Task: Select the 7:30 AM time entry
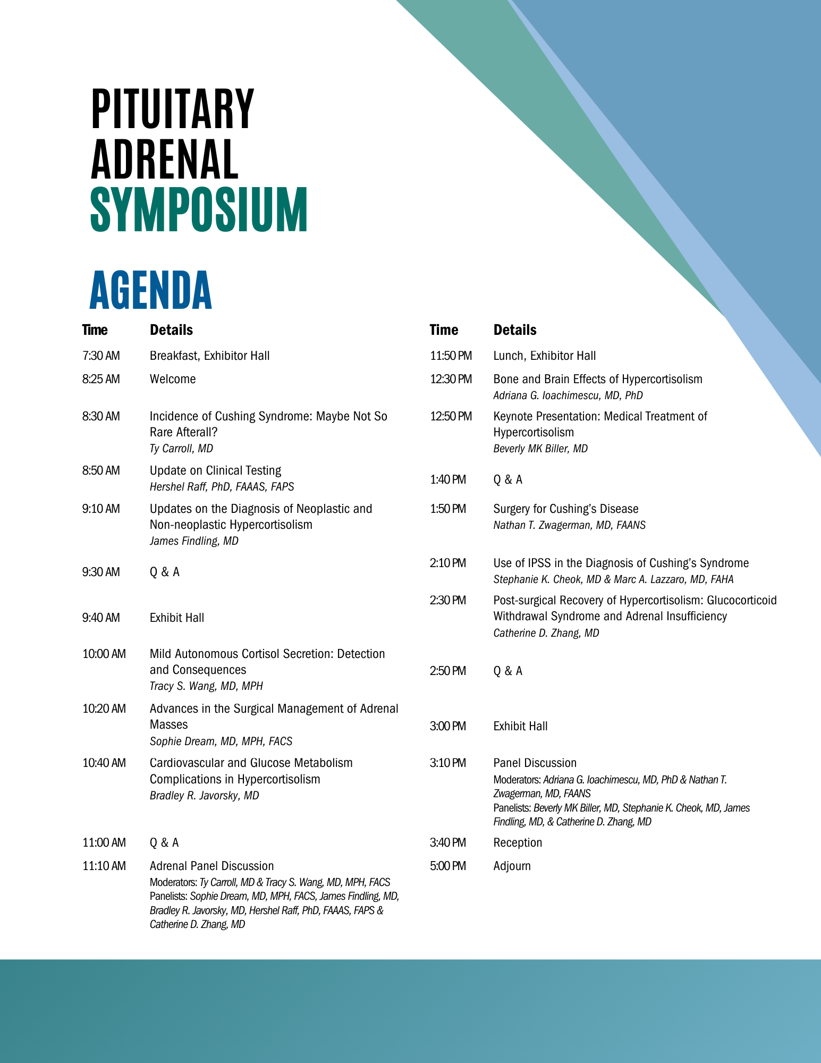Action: click(x=101, y=356)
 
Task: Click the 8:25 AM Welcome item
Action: click(x=173, y=379)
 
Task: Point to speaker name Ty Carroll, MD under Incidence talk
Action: click(x=181, y=449)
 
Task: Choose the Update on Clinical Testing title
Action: click(x=215, y=470)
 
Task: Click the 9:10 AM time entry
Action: click(x=101, y=509)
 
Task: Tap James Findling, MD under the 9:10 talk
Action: click(x=194, y=541)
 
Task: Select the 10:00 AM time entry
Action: click(x=104, y=654)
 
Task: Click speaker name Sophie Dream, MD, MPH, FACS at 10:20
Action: click(x=221, y=741)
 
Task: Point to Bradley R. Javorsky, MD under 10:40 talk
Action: click(x=204, y=796)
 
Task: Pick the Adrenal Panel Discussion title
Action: click(x=211, y=866)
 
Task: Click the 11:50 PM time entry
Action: click(x=451, y=356)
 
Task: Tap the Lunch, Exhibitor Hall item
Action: click(x=545, y=356)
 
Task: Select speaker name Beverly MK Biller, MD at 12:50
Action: click(x=540, y=449)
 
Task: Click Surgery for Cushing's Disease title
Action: click(x=566, y=509)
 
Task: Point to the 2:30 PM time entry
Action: click(x=448, y=600)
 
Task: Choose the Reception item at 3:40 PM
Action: click(x=518, y=842)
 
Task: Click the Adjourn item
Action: click(x=512, y=866)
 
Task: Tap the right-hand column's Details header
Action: click(x=515, y=330)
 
